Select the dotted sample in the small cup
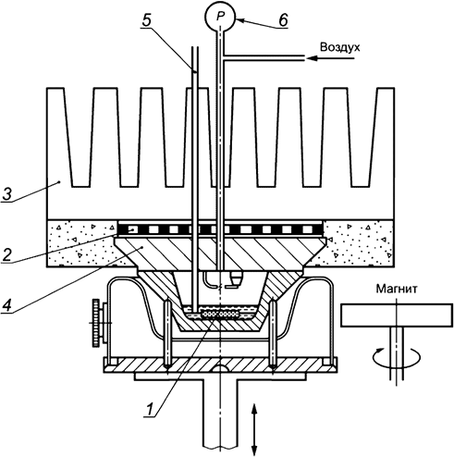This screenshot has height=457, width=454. (220, 314)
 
